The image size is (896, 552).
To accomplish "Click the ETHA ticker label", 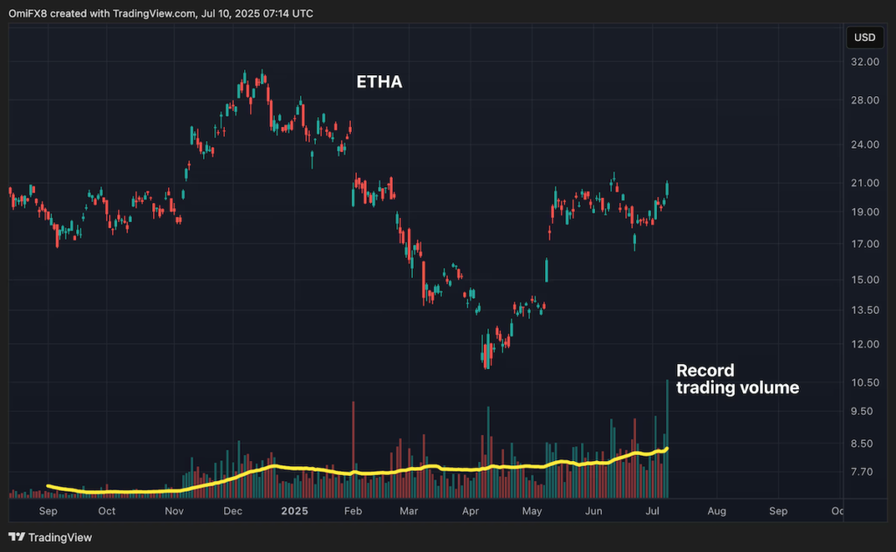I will tap(379, 82).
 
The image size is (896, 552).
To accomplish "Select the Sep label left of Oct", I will tap(48, 511).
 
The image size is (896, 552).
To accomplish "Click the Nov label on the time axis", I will tap(174, 511).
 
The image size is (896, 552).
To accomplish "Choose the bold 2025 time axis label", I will tap(289, 511).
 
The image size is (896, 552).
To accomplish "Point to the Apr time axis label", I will tap(469, 511).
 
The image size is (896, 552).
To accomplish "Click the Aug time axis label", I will tap(716, 511).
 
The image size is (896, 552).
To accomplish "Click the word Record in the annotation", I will tap(704, 370).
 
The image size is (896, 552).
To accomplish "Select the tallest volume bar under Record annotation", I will tap(667, 437).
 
